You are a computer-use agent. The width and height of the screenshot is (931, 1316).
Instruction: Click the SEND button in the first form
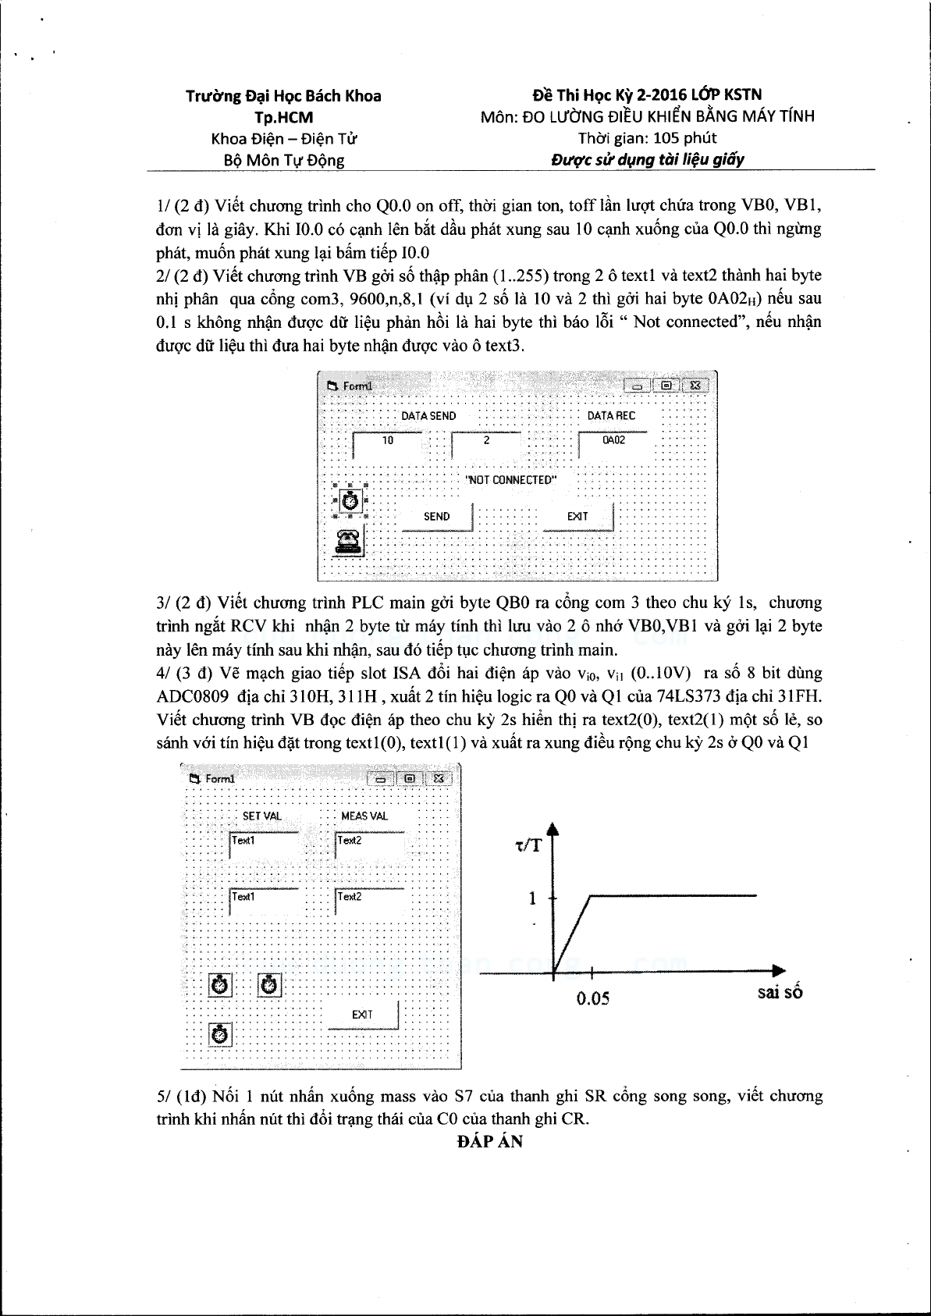[437, 517]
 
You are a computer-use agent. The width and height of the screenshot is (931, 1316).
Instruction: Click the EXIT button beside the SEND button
[578, 517]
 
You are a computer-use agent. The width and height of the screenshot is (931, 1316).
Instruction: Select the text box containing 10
[388, 445]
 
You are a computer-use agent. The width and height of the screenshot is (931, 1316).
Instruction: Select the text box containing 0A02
[613, 445]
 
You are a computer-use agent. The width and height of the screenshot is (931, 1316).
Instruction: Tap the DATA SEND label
[428, 416]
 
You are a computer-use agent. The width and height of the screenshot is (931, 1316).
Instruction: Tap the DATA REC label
[612, 415]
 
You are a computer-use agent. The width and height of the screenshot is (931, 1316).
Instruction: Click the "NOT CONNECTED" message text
[511, 480]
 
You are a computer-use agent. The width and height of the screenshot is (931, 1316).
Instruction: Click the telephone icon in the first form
[349, 542]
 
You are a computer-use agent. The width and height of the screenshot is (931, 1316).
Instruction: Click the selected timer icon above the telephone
[350, 501]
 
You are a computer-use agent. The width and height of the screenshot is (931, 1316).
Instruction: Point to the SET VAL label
[262, 816]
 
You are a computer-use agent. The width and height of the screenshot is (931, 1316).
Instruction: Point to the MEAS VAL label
[364, 816]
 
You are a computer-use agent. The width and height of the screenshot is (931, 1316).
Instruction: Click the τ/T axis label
[528, 845]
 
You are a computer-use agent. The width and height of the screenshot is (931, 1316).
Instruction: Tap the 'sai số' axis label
[780, 992]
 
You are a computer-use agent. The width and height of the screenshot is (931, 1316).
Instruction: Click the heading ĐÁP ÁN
[490, 1141]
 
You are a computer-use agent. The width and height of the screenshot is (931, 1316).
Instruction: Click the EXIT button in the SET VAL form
[362, 1015]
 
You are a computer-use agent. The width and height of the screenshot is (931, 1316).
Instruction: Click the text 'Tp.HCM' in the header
[284, 118]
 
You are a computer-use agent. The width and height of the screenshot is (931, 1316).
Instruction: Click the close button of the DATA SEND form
[695, 386]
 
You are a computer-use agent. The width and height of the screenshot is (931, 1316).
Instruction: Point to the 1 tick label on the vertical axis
[532, 898]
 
